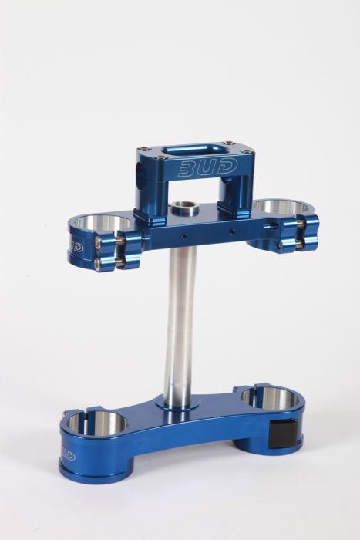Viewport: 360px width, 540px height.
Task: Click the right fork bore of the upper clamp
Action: [x=282, y=208]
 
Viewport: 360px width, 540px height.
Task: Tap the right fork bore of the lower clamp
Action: [x=269, y=399]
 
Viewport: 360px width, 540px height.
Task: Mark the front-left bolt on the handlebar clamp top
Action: [x=144, y=149]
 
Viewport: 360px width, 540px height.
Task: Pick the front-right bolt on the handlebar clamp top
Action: [x=230, y=144]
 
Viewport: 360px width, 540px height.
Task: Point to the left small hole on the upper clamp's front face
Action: [x=185, y=230]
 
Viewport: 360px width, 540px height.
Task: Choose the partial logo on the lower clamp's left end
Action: [x=66, y=455]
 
